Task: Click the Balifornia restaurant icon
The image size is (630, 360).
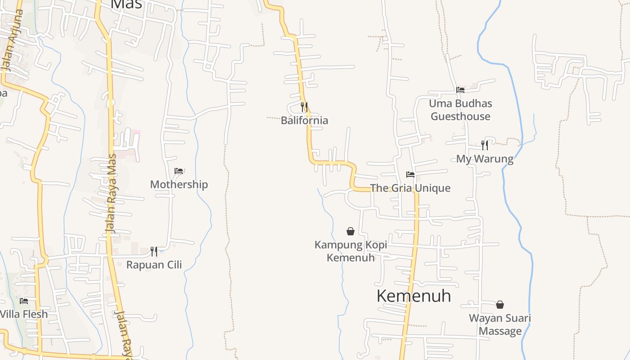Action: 304,107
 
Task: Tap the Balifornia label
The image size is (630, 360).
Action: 304,121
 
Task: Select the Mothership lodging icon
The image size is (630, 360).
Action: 179,171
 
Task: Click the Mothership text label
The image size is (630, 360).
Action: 179,184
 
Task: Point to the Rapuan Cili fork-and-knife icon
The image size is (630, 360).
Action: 154,251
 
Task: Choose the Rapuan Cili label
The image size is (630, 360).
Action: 154,265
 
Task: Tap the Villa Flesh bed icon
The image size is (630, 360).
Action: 24,301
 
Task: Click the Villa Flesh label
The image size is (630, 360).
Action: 24,314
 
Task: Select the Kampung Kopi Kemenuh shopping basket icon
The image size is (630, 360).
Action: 351,231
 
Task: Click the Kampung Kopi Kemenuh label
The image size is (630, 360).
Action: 351,251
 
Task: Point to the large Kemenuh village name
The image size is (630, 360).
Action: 414,296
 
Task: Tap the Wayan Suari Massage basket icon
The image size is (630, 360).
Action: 500,305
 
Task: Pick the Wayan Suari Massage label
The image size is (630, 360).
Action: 500,324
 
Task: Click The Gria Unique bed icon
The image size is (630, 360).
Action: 410,174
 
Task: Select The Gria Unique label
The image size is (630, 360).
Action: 410,188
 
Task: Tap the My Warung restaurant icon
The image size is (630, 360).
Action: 485,145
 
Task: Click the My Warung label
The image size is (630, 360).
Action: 485,159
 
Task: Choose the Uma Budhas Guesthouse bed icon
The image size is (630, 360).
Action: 460,90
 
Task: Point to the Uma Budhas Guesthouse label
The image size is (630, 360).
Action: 460,110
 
